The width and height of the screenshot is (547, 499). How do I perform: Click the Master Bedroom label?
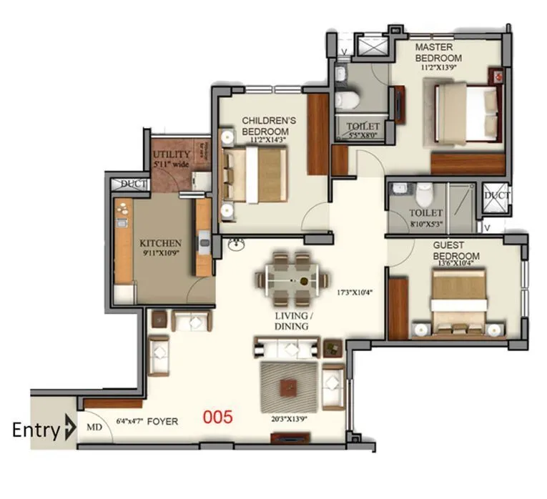439,52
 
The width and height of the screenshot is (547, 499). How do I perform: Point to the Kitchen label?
160,243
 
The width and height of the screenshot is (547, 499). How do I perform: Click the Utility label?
172,154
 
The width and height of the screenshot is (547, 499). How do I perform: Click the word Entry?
36,430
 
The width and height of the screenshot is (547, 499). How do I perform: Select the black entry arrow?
69,430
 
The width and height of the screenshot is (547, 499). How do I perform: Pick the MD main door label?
93,428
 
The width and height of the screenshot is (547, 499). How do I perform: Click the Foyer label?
163,422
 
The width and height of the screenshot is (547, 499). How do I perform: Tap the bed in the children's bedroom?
255,175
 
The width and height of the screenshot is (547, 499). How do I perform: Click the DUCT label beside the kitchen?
133,184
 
